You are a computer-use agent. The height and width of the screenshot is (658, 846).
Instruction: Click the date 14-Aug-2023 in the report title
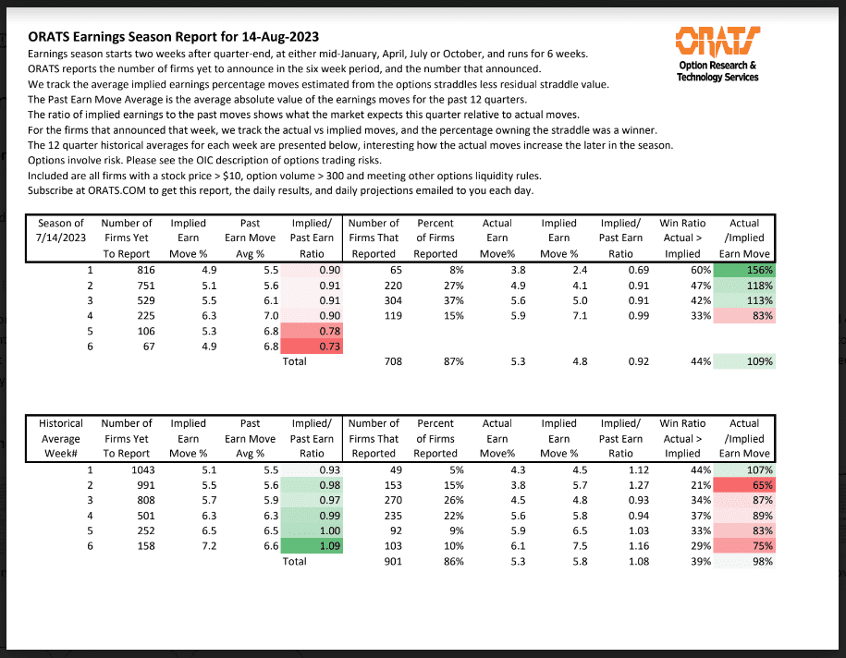[275, 37]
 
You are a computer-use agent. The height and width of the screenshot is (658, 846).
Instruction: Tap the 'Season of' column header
[61, 223]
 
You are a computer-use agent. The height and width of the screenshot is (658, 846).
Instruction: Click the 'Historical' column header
[61, 423]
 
